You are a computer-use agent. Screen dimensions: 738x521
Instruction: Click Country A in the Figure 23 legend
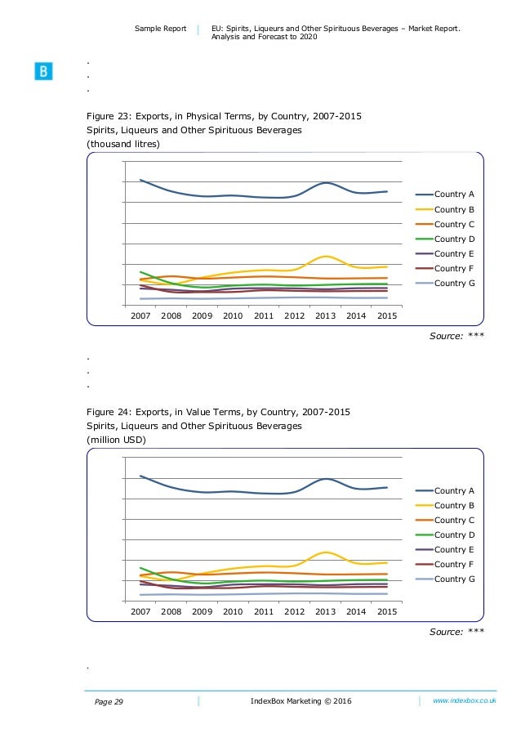[454, 195]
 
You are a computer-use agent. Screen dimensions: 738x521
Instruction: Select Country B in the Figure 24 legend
[454, 505]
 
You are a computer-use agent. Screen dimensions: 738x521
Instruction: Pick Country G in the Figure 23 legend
[454, 283]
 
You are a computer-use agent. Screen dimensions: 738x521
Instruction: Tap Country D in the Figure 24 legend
[454, 534]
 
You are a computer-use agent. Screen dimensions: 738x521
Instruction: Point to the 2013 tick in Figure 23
[325, 315]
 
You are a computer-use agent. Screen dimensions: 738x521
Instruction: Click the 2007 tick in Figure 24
[140, 611]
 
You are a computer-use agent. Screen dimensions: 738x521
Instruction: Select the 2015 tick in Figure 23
[387, 315]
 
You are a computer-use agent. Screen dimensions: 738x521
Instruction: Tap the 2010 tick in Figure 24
[233, 611]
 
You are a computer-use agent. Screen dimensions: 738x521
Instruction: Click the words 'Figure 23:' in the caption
[111, 116]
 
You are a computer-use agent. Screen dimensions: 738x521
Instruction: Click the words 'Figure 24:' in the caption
[111, 412]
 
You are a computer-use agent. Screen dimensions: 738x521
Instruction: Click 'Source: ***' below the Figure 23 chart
[457, 335]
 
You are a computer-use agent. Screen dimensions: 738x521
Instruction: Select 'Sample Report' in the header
[160, 30]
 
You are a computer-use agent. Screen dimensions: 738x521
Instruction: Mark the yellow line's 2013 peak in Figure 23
[325, 257]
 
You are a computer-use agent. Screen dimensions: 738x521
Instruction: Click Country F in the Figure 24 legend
[454, 564]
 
